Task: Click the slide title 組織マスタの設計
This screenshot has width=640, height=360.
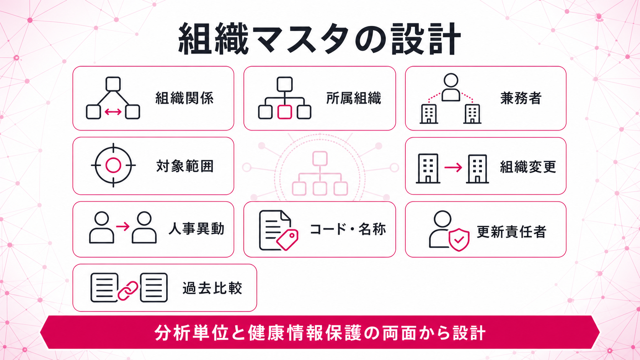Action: pyautogui.click(x=320, y=39)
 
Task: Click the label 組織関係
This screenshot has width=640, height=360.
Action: pyautogui.click(x=184, y=98)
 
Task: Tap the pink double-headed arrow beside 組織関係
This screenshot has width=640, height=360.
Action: pyautogui.click(x=113, y=112)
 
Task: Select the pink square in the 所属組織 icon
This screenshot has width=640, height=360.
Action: pyautogui.click(x=284, y=112)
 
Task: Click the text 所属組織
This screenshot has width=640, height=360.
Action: pyautogui.click(x=354, y=98)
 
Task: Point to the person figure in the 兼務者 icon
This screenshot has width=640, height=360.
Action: pyautogui.click(x=451, y=87)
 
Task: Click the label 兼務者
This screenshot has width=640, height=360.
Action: pyautogui.click(x=521, y=98)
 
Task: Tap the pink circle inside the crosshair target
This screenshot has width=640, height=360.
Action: pyautogui.click(x=113, y=165)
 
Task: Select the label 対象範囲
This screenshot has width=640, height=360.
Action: pyautogui.click(x=185, y=166)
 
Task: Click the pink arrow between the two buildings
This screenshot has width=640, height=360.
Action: pyautogui.click(x=453, y=168)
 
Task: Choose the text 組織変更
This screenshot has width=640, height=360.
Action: pyautogui.click(x=528, y=167)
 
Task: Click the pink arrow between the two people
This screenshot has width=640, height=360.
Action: pyautogui.click(x=123, y=227)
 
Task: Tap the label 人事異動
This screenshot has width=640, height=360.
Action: pyautogui.click(x=196, y=229)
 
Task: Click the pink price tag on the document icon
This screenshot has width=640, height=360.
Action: pyautogui.click(x=287, y=240)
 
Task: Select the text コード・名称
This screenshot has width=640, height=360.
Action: pyautogui.click(x=348, y=229)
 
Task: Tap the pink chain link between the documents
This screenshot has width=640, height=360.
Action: pyautogui.click(x=128, y=291)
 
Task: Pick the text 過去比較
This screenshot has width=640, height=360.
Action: pyautogui.click(x=212, y=288)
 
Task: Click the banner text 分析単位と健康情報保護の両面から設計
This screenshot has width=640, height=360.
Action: pyautogui.click(x=320, y=333)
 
